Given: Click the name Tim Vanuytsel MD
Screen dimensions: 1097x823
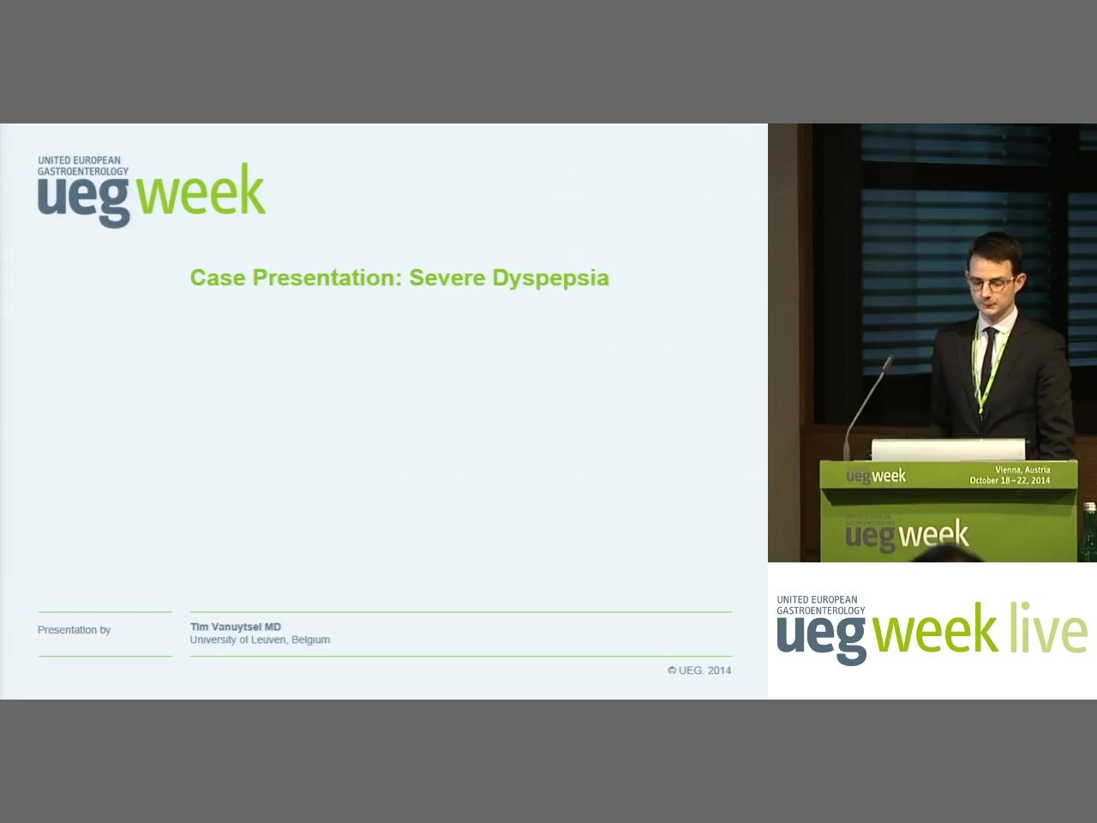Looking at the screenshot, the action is click(x=236, y=627).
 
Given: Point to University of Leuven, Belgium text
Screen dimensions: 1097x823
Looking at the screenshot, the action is click(x=260, y=640).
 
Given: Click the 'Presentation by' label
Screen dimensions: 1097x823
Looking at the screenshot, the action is click(x=74, y=630).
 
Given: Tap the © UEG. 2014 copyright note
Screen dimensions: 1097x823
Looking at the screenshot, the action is click(x=699, y=670).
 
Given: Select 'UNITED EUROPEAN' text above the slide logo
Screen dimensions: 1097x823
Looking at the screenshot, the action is click(x=79, y=160).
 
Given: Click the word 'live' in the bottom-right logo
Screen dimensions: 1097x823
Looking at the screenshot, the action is click(x=1048, y=628).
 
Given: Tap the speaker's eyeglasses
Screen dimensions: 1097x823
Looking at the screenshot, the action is click(x=992, y=282).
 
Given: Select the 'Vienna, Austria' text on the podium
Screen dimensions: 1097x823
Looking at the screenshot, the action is click(x=1022, y=470).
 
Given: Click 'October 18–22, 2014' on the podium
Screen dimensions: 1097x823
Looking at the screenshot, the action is click(x=1010, y=481).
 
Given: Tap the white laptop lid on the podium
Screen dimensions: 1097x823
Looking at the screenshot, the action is click(x=948, y=449).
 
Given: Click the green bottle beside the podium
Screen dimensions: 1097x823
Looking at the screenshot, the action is click(x=1089, y=532).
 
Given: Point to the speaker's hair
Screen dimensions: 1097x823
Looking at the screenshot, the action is click(x=992, y=249).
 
